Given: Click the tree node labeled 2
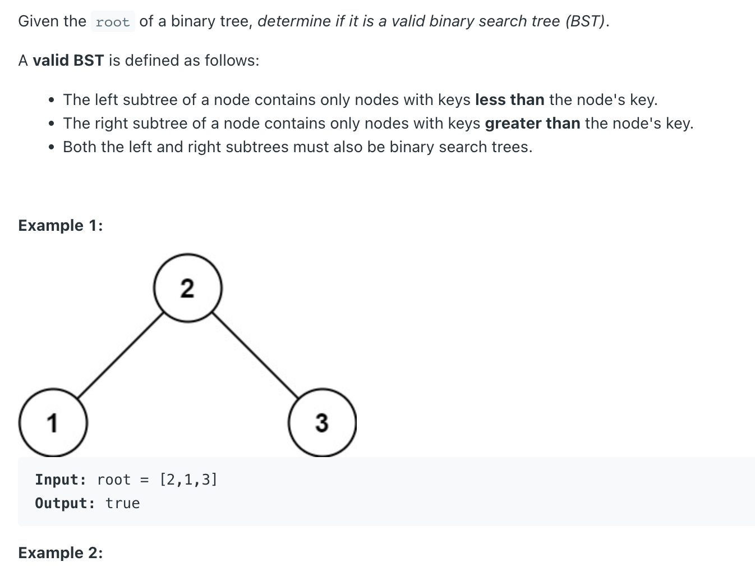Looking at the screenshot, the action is [188, 287].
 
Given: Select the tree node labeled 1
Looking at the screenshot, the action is [53, 422].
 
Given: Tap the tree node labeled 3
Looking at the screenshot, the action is [322, 422].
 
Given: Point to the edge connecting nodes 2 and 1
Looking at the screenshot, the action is [121, 355].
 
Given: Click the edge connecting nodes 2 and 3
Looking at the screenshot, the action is [255, 355].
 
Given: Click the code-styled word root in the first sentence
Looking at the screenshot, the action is [113, 22].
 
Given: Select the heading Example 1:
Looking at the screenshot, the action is [61, 225].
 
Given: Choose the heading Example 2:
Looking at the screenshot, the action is [61, 553].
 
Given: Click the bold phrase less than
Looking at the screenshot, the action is [509, 100].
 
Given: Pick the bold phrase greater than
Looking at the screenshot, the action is [532, 124].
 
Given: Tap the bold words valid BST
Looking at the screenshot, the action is [68, 61].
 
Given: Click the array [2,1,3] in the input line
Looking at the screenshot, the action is [188, 480].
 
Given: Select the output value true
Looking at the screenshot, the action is [123, 503].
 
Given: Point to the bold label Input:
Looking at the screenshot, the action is [61, 480].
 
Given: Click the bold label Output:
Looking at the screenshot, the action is [65, 503].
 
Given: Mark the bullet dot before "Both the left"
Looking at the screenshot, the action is [52, 148].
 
